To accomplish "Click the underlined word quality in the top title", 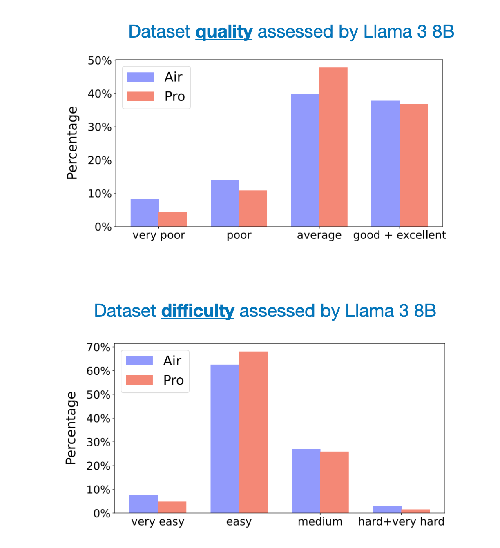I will (224, 32).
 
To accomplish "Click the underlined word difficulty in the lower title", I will (198, 311).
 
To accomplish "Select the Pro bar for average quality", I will (333, 147).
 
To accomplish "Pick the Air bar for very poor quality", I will (145, 213).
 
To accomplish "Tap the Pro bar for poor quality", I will (253, 208).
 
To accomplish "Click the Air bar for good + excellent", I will (385, 163).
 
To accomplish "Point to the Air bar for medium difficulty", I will (306, 481).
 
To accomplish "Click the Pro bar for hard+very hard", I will (415, 511).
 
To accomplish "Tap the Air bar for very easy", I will (144, 504).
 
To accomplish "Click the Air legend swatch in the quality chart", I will (141, 77).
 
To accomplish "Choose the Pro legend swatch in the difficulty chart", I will (139, 380).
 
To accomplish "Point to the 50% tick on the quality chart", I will (100, 61).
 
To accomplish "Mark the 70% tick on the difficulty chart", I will (98, 348).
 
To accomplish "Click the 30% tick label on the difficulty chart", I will (98, 442).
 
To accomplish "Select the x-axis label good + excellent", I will (400, 235).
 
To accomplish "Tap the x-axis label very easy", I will (158, 522).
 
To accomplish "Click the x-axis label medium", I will (320, 522).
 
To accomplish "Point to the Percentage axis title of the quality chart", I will (72, 143).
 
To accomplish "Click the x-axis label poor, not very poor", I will (239, 235).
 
